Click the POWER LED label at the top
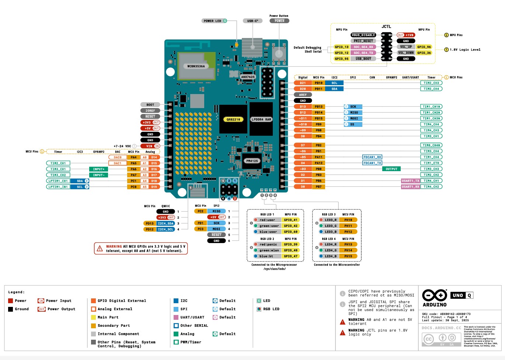coord(213,21)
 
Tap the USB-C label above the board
coord(252,21)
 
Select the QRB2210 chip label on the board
coord(233,120)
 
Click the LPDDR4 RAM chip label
coord(261,120)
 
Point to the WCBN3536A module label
coord(196,66)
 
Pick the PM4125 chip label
coord(252,161)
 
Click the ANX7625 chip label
coord(248,77)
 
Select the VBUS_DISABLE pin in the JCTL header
coord(363,35)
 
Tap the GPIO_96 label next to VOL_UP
coord(424,47)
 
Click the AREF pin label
coord(303,95)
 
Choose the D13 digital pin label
coord(303,107)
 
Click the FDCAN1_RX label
coord(372,157)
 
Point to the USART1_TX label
coord(410,181)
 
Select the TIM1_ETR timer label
coord(431,163)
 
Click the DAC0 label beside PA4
coord(118,157)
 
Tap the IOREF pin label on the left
coord(150,111)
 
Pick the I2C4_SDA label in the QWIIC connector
coord(166,224)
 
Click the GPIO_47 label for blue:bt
coord(290,256)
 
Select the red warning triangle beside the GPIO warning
coord(100,249)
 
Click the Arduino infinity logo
coord(434,295)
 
